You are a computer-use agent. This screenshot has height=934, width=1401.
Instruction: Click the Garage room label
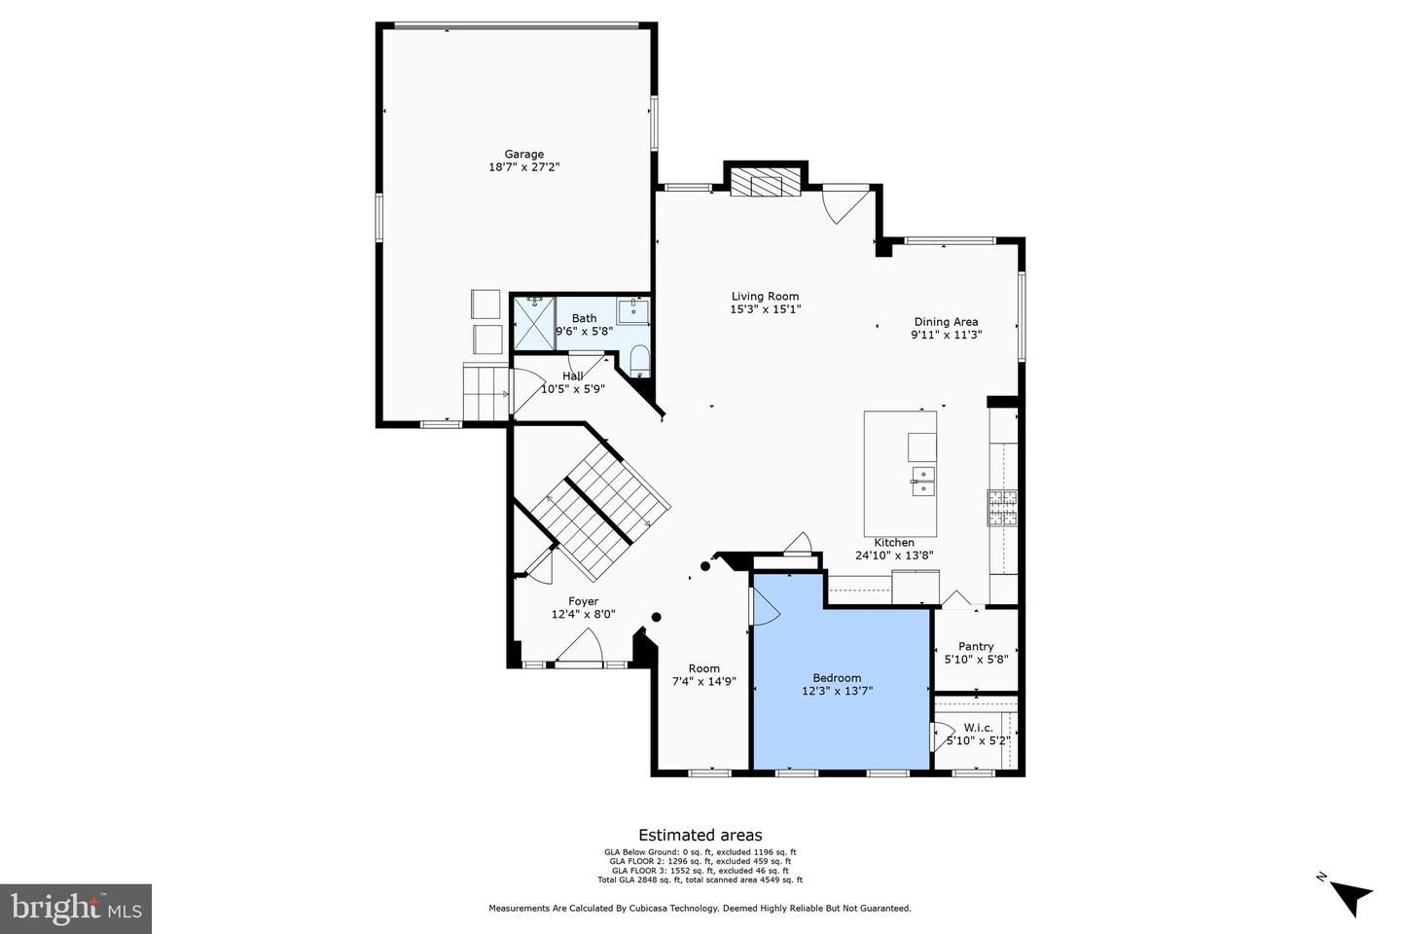pos(523,154)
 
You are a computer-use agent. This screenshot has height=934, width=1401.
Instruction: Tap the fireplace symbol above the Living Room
pos(766,182)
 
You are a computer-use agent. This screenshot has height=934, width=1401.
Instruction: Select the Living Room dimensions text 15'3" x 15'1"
pos(765,309)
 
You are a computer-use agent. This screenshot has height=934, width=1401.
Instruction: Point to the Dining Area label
pos(946,322)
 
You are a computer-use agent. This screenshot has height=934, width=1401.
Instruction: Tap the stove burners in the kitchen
pos(1002,507)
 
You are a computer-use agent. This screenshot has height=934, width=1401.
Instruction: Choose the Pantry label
pos(976,646)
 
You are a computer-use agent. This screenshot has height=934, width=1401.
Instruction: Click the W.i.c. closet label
pos(978,727)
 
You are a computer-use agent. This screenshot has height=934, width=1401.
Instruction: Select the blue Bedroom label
pos(837,678)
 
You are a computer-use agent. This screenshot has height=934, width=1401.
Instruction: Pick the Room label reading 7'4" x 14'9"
pos(704,682)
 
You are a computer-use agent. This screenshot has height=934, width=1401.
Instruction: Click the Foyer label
pos(584,601)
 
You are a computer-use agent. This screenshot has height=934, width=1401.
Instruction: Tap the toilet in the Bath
pos(639,360)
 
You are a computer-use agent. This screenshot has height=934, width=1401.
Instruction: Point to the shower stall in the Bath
pos(533,323)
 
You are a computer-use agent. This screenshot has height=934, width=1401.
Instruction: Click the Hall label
pos(573,377)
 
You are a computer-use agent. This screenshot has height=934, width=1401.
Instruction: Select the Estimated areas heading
pos(700,835)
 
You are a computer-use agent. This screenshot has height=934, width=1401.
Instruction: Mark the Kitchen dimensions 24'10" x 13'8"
pos(894,556)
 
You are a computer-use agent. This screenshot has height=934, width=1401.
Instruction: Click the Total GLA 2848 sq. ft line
pos(700,880)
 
